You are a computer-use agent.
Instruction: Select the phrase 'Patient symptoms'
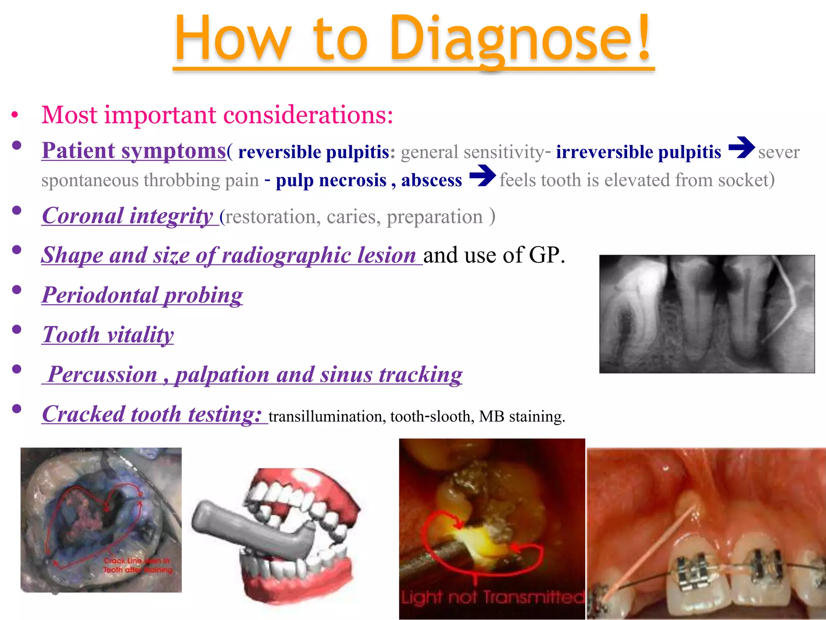(x=133, y=151)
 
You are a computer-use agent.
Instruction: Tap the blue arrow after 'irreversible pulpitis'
(x=741, y=148)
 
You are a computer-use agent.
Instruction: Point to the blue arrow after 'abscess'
(x=482, y=176)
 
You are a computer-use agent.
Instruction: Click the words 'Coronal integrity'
(x=127, y=216)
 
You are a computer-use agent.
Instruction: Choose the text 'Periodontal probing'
(x=142, y=295)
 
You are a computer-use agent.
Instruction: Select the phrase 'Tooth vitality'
(x=108, y=335)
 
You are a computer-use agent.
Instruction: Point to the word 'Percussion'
(x=103, y=375)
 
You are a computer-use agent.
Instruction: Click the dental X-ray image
(x=707, y=314)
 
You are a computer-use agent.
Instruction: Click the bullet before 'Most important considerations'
(x=15, y=115)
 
